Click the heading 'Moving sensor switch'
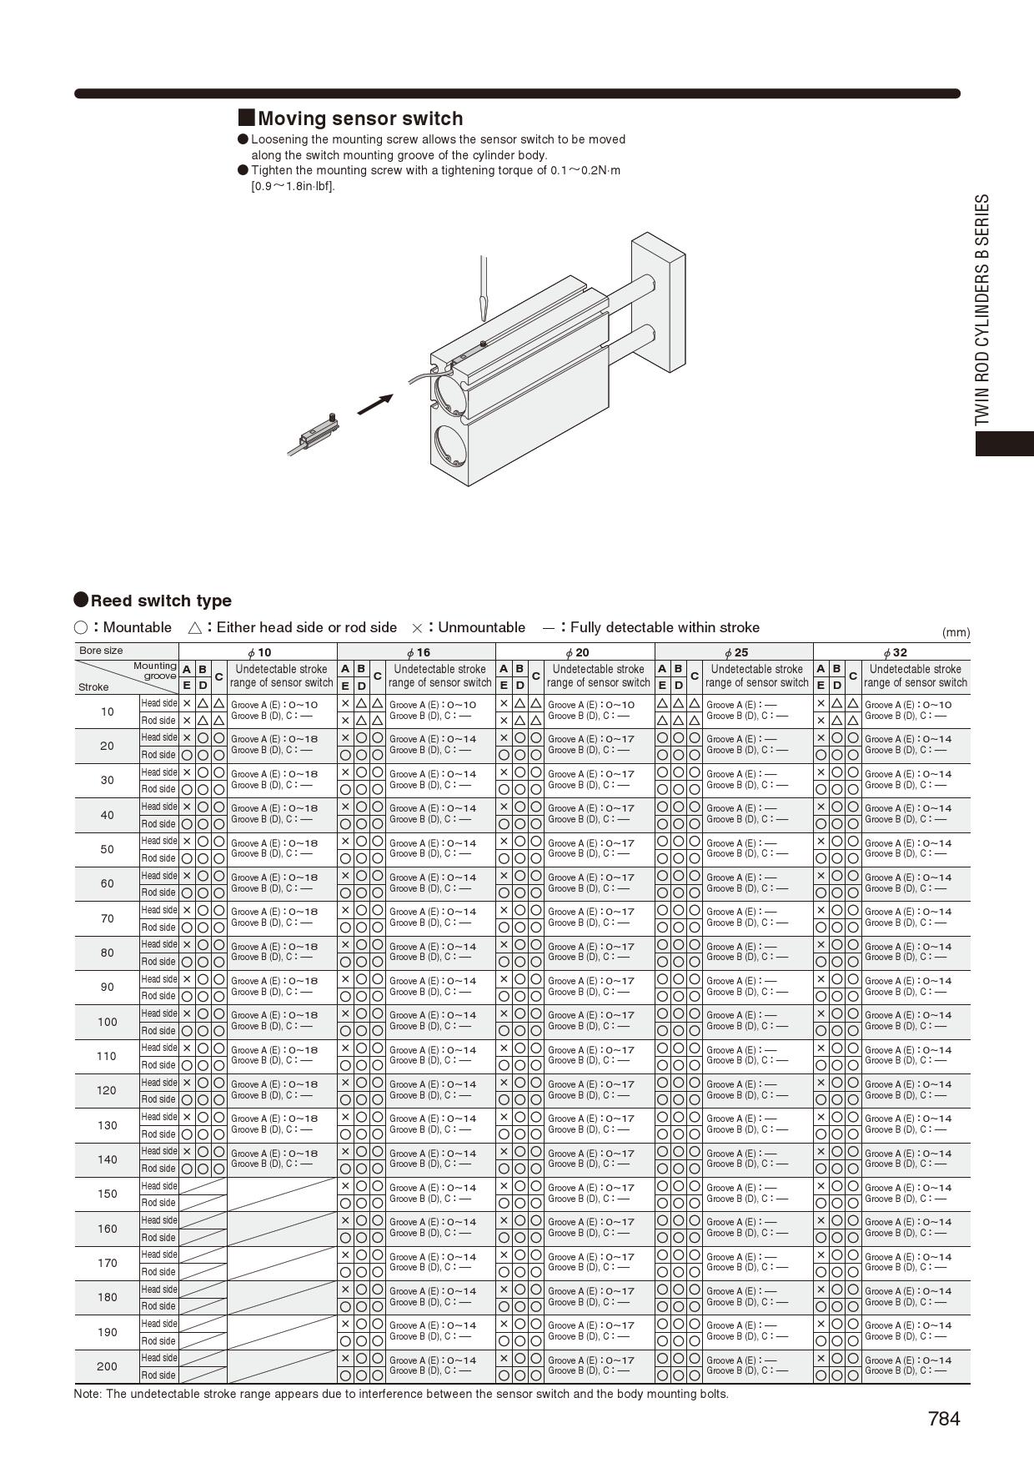coord(359,118)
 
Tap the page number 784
coord(944,1419)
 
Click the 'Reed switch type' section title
coord(161,601)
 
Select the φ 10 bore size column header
coord(258,652)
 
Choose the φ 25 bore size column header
coord(735,652)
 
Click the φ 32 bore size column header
coord(894,652)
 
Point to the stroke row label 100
coord(108,1022)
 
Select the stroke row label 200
coord(108,1366)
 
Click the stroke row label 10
coord(108,711)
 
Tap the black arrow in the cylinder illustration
coord(374,405)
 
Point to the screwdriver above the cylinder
coord(481,288)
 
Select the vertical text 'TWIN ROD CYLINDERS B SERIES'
coord(983,310)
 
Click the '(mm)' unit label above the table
coord(956,632)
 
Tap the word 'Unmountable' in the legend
coord(481,627)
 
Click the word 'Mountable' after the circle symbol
coord(138,627)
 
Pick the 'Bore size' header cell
coord(101,651)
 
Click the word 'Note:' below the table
coord(88,1394)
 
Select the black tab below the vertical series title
coord(1005,443)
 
